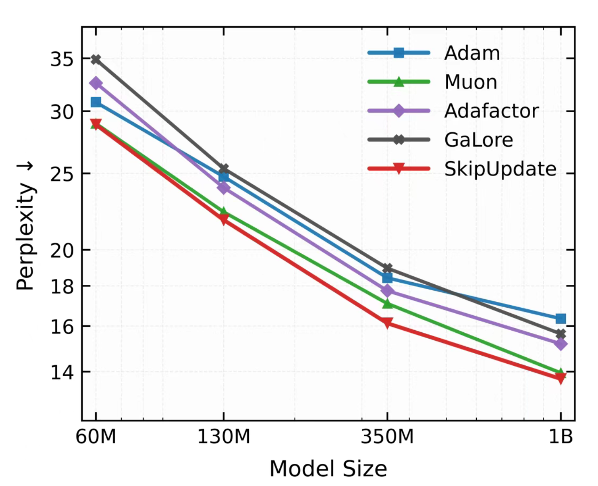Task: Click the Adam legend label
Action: pos(472,53)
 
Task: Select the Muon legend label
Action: pos(470,82)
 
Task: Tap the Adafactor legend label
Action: pos(491,111)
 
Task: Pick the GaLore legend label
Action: pos(478,140)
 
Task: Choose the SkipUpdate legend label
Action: pos(500,169)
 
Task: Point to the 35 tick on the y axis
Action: pos(61,59)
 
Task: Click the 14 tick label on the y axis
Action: pos(61,372)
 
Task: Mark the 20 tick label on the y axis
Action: pos(61,250)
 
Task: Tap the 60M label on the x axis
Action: pos(96,437)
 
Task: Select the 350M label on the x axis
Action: pos(387,437)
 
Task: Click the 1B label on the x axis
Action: pos(560,437)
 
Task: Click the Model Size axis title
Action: pos(328,468)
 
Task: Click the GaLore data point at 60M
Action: pos(96,59)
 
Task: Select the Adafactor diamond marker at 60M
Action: pos(96,83)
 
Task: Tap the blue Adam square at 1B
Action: pos(560,319)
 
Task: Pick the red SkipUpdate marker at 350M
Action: pos(387,323)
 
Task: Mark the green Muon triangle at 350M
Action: pos(387,304)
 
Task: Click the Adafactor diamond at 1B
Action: pos(560,344)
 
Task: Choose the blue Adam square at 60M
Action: pos(96,102)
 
